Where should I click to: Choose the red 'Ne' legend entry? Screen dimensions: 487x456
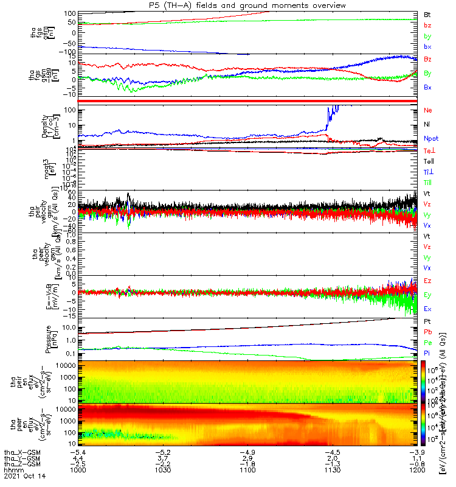point(428,110)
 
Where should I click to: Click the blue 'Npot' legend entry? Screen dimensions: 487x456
point(431,138)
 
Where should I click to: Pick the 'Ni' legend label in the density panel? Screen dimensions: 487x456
point(427,124)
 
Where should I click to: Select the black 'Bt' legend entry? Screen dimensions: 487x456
point(427,13)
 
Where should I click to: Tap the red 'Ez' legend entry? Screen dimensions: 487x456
point(427,281)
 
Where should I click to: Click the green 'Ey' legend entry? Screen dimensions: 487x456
point(427,295)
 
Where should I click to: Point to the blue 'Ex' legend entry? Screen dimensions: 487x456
point(427,309)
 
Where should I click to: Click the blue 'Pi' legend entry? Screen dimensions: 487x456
point(427,353)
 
